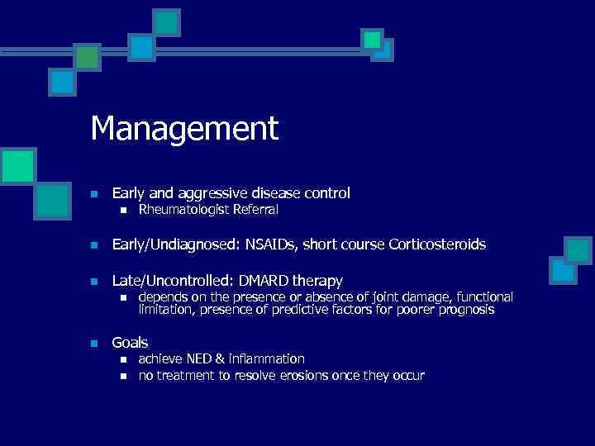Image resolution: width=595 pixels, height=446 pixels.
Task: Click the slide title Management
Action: coord(184,129)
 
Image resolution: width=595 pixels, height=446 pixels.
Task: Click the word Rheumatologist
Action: coord(180,210)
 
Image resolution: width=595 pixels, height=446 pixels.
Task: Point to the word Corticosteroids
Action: coord(433,245)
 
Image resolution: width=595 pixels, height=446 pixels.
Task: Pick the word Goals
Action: coord(130,343)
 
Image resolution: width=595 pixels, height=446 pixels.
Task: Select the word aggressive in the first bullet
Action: coord(210,193)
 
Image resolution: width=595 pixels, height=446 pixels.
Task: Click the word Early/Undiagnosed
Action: coord(171,245)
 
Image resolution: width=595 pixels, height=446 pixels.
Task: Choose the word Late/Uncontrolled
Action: coord(168,281)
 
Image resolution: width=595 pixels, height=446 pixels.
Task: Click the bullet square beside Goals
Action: coord(95,344)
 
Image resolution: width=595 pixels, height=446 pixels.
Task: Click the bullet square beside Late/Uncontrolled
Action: coord(95,282)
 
